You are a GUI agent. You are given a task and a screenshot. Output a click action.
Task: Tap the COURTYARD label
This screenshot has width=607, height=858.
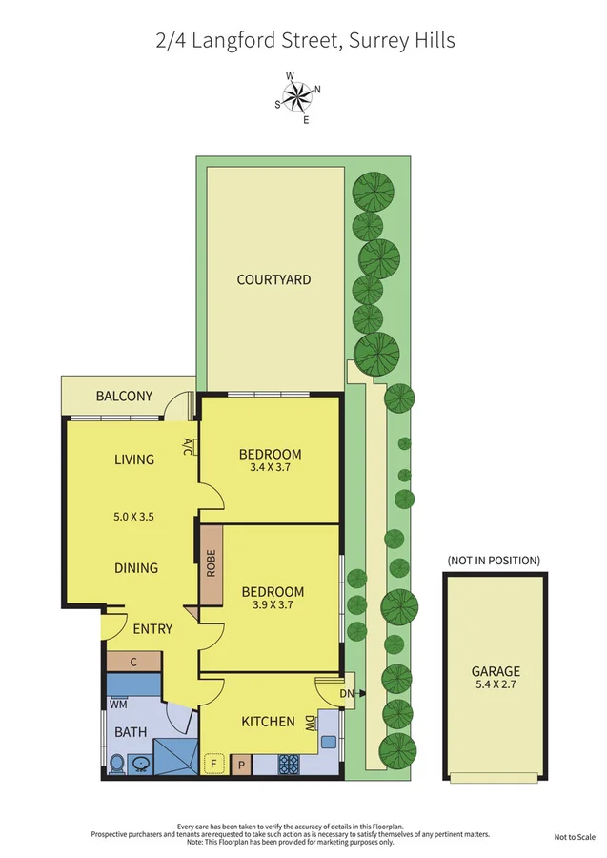[274, 279]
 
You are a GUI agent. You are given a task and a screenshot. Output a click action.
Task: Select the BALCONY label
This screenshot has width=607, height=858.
[124, 397]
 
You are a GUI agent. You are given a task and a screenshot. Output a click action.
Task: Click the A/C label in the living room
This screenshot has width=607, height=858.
[188, 446]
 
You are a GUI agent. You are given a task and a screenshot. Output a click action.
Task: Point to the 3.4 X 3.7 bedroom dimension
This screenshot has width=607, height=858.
[270, 468]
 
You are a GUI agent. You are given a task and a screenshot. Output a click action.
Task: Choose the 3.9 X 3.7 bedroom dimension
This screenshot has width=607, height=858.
[273, 605]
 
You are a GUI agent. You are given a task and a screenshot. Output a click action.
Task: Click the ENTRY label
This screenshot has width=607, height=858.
[152, 628]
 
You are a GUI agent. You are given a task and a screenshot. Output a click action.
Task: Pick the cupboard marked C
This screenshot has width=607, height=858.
[133, 662]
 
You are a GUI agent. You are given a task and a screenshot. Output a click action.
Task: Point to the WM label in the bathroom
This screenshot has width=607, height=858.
[118, 705]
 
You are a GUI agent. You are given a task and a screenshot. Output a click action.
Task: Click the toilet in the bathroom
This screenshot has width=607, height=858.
[116, 763]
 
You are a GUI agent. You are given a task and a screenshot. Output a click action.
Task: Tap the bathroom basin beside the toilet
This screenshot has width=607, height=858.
[140, 764]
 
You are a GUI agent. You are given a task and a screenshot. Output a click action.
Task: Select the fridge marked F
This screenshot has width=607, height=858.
[213, 763]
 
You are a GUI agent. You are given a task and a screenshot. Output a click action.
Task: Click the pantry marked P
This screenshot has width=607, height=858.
[241, 763]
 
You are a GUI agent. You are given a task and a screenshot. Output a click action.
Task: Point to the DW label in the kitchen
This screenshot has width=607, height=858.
[310, 724]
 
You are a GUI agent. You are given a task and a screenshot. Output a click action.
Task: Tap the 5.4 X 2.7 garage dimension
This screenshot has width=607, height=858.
[496, 684]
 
